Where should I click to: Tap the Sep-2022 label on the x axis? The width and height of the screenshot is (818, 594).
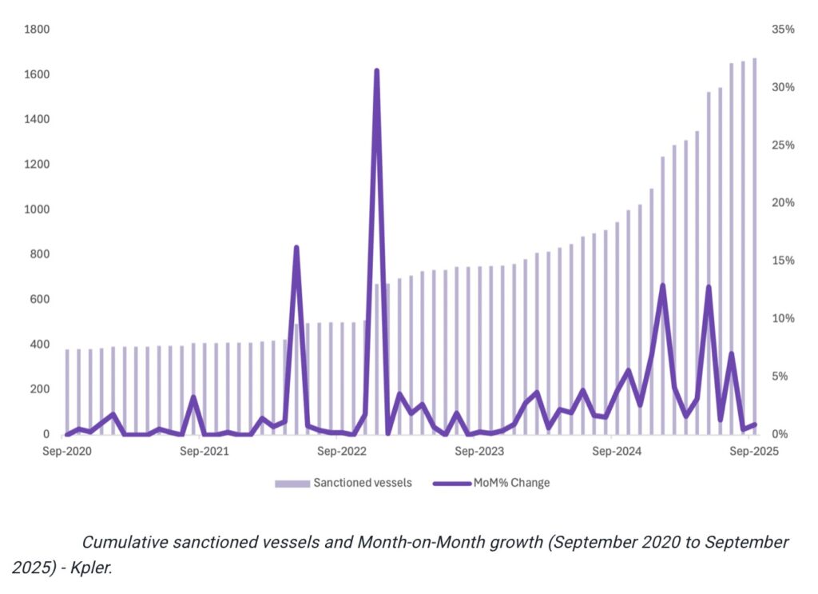pyautogui.click(x=341, y=452)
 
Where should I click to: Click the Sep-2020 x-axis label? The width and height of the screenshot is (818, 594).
pyautogui.click(x=67, y=452)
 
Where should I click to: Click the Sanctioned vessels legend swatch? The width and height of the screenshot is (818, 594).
pyautogui.click(x=292, y=483)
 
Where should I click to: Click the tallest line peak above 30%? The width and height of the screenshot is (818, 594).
pyautogui.click(x=376, y=71)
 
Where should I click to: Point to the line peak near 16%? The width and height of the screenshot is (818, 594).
pyautogui.click(x=296, y=248)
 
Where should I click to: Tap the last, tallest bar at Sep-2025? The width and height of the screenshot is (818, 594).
pyautogui.click(x=754, y=240)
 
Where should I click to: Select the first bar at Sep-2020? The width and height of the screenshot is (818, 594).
pyautogui.click(x=67, y=392)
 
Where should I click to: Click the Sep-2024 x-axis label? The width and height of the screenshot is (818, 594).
pyautogui.click(x=615, y=452)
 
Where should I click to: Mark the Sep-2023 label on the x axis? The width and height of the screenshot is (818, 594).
pyautogui.click(x=478, y=452)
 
